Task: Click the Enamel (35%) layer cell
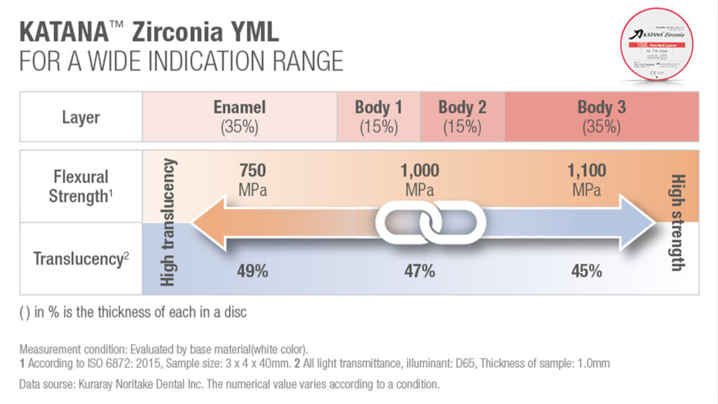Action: pos(239,116)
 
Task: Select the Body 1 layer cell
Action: pos(379,116)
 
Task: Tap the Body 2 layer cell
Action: pos(462,116)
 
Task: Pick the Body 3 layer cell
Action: pos(601,116)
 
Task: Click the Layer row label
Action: pos(81,116)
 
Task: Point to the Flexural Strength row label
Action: pos(79,186)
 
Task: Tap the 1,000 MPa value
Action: pos(419,180)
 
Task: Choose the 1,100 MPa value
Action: pos(586,180)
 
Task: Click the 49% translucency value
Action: pos(252,271)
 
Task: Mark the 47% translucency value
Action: pos(419,271)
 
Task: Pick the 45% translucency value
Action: pos(586,271)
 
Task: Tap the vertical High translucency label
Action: pos(169,222)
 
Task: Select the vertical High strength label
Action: pos(677,222)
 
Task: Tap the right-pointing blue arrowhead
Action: pos(638,224)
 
